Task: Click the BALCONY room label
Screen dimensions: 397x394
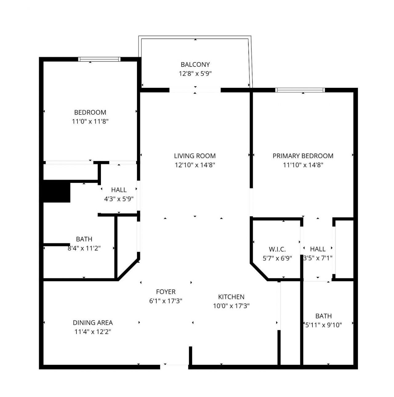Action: click(x=195, y=64)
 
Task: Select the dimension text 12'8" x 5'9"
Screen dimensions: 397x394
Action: click(x=195, y=74)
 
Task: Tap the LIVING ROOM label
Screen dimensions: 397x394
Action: click(x=195, y=156)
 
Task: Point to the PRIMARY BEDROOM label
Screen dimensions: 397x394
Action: click(x=303, y=156)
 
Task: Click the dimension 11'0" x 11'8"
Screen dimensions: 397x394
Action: click(x=90, y=121)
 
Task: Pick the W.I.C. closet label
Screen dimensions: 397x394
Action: click(x=277, y=249)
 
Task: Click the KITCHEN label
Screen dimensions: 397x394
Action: click(x=231, y=297)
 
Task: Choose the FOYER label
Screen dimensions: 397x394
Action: click(x=166, y=292)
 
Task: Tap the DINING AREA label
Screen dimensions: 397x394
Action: click(x=93, y=323)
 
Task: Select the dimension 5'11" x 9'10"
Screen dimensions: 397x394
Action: click(x=323, y=325)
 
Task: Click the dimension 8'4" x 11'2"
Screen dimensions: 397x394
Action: click(x=84, y=248)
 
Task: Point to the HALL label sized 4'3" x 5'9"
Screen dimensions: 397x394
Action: click(x=119, y=190)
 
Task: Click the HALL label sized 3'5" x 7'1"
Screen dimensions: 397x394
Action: click(x=318, y=249)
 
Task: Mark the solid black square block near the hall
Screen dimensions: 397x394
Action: click(x=57, y=192)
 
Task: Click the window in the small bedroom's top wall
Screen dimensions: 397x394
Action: click(x=99, y=59)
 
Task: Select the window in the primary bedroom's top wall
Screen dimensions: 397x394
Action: click(x=300, y=90)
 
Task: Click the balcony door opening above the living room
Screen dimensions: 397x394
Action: click(x=195, y=90)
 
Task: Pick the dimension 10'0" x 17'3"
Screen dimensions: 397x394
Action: click(x=231, y=306)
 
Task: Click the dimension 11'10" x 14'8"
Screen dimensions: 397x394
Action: click(x=303, y=165)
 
